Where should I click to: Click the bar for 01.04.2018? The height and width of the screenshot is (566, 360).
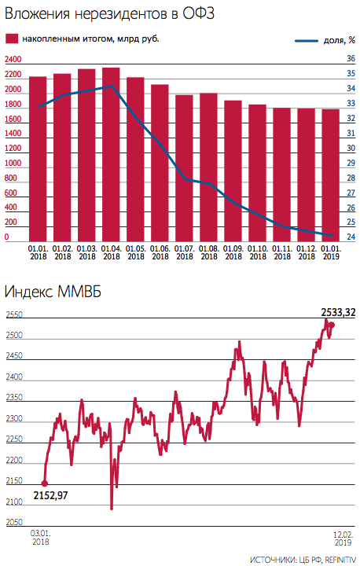pos(111,155)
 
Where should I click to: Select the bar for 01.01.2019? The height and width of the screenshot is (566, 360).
pos(330,175)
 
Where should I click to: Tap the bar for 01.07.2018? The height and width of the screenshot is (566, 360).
pos(184,168)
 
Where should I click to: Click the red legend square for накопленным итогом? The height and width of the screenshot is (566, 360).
pos(12,39)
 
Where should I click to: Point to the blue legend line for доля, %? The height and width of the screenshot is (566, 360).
pos(307,41)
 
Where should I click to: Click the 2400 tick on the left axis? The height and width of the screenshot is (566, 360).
pos(13,59)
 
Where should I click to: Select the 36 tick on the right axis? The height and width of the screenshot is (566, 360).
pos(351,58)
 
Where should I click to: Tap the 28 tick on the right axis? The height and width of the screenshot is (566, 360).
pos(351,178)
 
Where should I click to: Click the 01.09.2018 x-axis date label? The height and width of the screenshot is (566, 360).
pos(233,252)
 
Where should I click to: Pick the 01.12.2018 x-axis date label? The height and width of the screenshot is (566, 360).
pos(307,252)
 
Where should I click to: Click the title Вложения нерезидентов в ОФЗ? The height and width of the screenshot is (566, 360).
pos(110,13)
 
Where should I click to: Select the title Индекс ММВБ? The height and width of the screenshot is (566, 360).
pos(53,292)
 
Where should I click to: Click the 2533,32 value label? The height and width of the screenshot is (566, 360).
pos(338,312)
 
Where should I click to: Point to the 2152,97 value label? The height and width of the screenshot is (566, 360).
pos(50,495)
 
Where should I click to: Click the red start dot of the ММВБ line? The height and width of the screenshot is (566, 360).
pos(45,483)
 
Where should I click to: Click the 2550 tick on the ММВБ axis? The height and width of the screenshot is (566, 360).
pos(14,314)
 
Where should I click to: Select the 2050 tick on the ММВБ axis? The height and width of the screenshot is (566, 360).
pos(14,522)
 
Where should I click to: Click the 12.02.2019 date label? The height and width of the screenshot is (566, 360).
pos(343,538)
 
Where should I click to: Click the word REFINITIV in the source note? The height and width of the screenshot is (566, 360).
pos(340,560)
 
